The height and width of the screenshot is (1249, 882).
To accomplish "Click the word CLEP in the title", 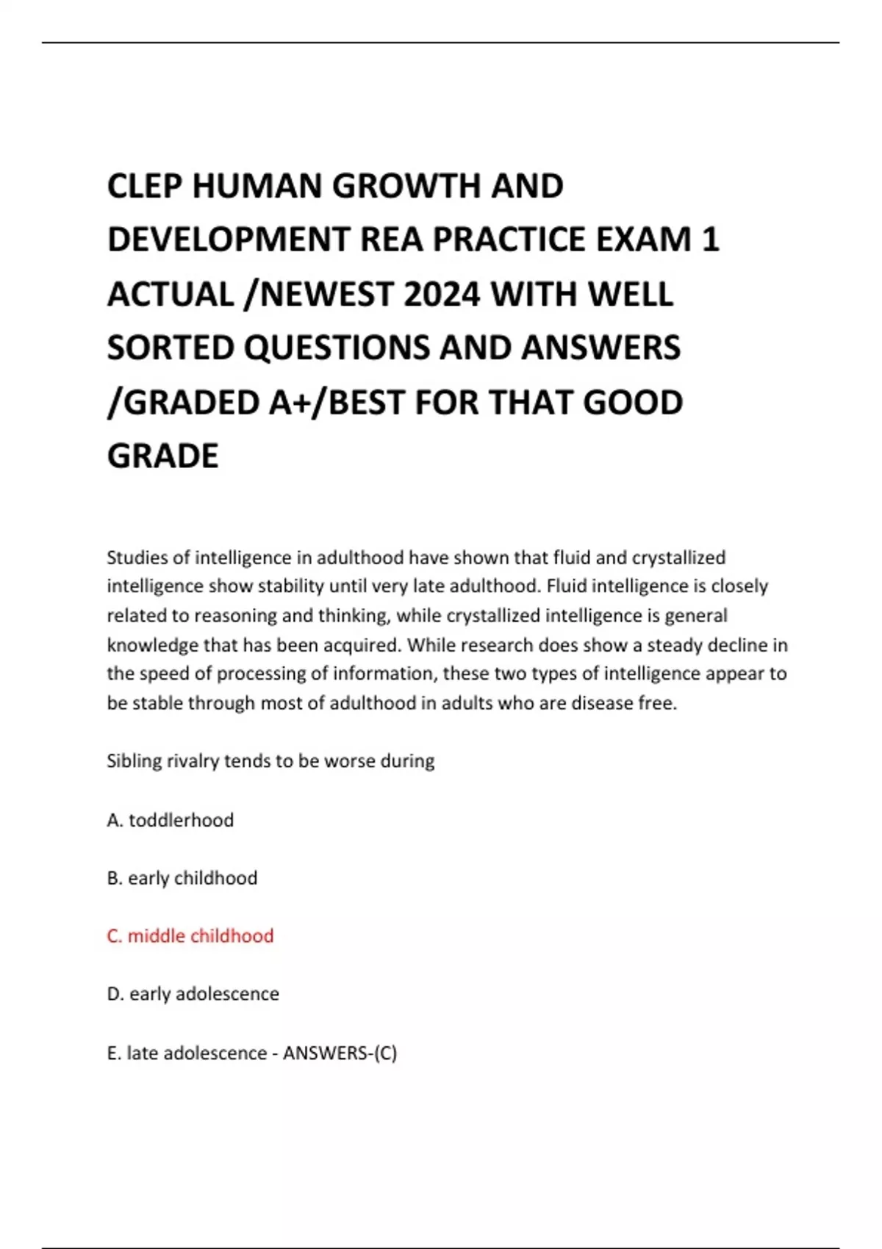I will point(143,186).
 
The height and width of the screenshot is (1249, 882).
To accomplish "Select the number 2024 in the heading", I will point(442,295).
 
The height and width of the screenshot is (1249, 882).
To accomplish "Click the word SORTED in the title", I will point(171,348).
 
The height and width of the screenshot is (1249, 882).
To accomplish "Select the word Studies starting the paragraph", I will point(137,558).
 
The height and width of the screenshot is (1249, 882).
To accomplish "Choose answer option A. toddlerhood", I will point(171,820).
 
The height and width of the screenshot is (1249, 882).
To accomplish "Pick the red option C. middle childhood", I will point(190,936).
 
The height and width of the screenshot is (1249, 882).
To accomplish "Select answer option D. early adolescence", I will point(193,994).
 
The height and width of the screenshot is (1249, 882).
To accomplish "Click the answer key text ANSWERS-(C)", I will point(340,1053).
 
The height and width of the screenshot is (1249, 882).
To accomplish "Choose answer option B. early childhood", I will point(182,878).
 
